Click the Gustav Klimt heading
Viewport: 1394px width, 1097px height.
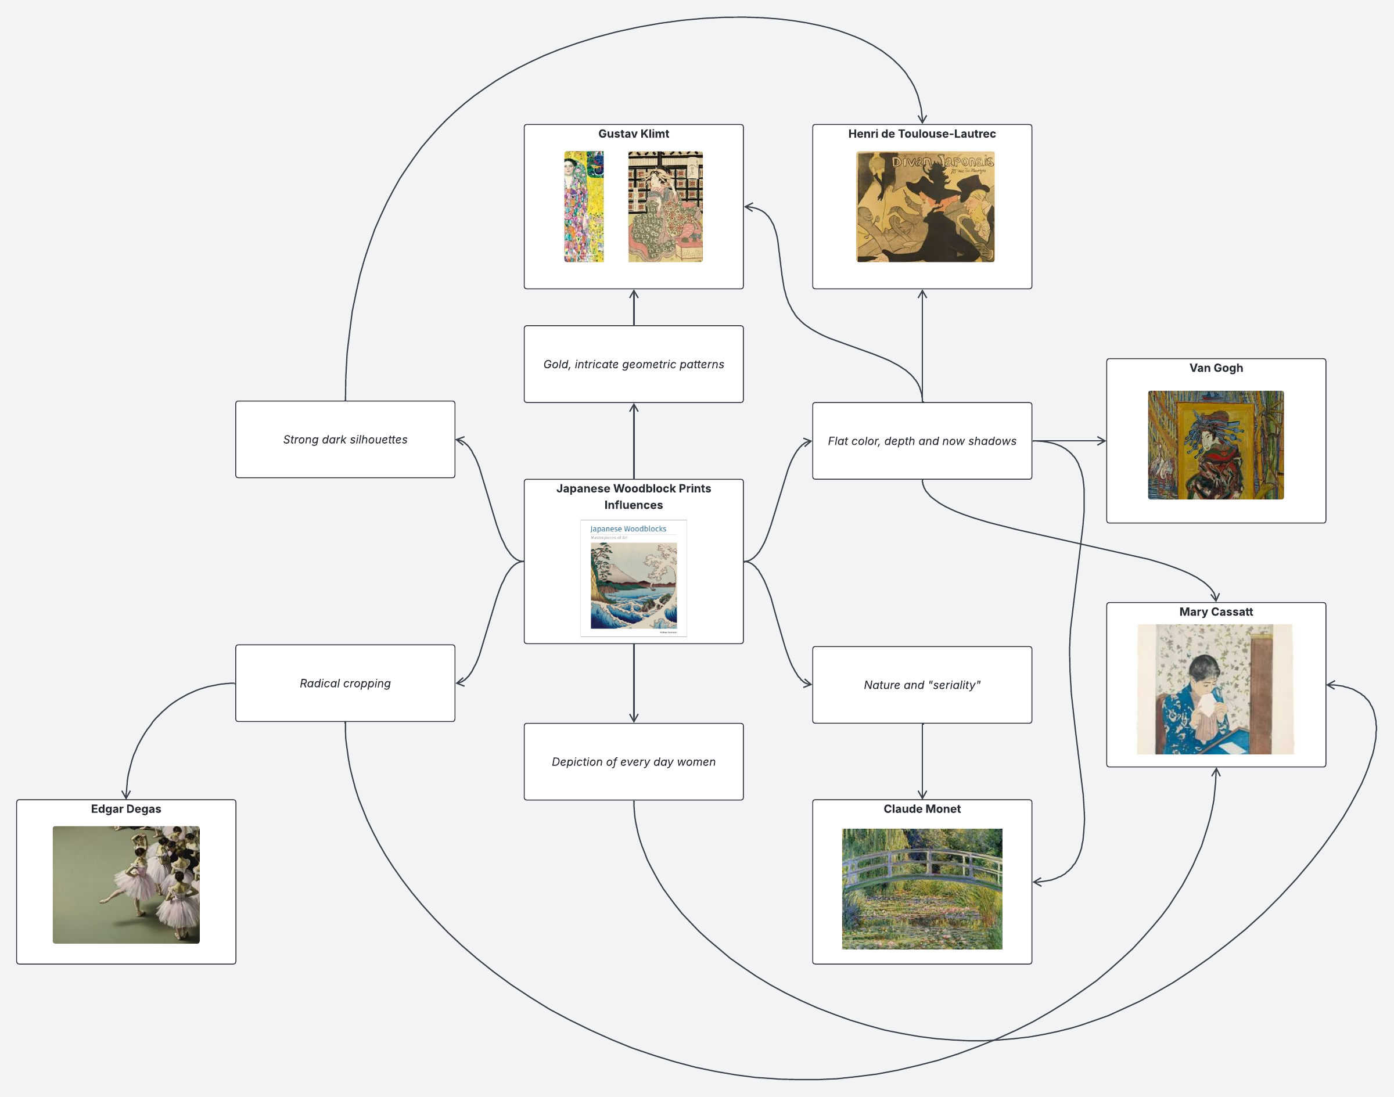634,134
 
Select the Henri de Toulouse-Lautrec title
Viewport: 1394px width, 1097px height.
922,134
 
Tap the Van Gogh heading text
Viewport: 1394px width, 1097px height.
1216,368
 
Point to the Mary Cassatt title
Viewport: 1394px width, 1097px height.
1216,612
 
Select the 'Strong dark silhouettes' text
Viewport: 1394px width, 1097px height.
345,439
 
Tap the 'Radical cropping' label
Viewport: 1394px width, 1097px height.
345,684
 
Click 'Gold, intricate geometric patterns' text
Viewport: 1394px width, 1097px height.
634,364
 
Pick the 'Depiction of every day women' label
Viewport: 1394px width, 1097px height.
634,762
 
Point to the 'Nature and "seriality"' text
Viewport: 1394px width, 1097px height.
922,685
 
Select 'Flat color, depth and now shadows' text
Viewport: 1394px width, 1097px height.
922,441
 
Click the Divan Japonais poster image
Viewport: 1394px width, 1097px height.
925,207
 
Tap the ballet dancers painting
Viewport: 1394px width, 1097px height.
126,884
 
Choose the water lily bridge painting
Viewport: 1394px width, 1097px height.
922,889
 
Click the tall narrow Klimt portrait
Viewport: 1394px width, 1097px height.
583,207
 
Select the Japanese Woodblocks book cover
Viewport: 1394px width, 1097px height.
634,578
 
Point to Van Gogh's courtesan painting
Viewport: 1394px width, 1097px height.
1216,445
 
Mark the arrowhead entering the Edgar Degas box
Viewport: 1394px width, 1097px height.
126,795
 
